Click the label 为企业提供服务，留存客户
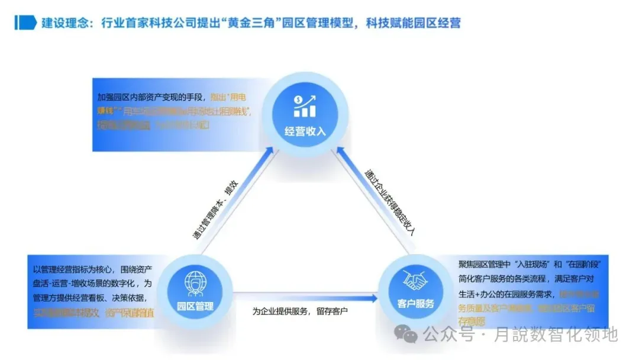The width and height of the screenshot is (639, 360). (x=301, y=311)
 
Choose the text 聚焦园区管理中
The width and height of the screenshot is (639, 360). (x=482, y=263)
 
